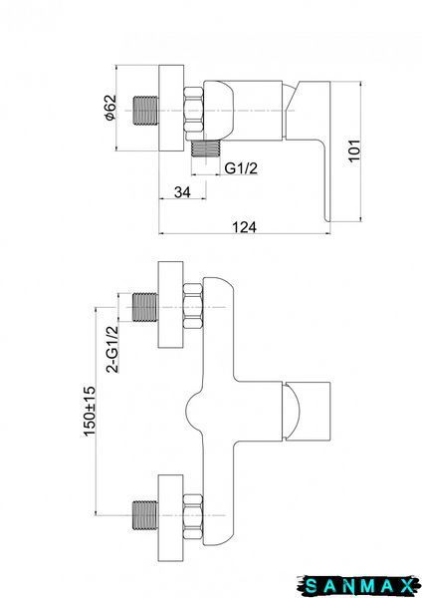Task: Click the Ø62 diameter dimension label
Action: pyautogui.click(x=110, y=108)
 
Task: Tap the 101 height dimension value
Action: pyautogui.click(x=354, y=150)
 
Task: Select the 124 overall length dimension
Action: pyautogui.click(x=244, y=227)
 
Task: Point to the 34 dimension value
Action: pyautogui.click(x=182, y=192)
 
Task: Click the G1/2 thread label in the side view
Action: pyautogui.click(x=241, y=167)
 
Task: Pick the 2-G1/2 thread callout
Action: pyautogui.click(x=112, y=349)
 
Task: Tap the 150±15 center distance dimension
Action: pyautogui.click(x=89, y=411)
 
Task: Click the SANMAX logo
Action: pyautogui.click(x=358, y=585)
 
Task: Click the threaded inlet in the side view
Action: pyautogui.click(x=146, y=111)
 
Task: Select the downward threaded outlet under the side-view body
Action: pyautogui.click(x=206, y=149)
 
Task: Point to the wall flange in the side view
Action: pyautogui.click(x=171, y=108)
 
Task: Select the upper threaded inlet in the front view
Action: pyautogui.click(x=145, y=307)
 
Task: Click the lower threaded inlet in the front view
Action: pyautogui.click(x=145, y=515)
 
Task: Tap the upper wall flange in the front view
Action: pyautogui.click(x=171, y=305)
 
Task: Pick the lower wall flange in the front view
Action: pyautogui.click(x=171, y=518)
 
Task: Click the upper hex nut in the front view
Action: pyautogui.click(x=193, y=307)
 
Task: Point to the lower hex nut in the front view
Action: pyautogui.click(x=193, y=516)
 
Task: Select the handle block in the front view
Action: pyautogui.click(x=307, y=411)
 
